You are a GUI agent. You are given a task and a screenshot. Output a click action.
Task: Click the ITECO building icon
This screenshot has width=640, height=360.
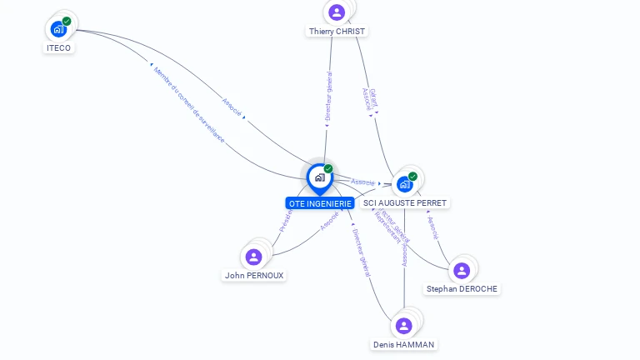pyautogui.click(x=58, y=29)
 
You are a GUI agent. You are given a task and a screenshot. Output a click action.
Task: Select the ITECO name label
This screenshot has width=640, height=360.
pyautogui.click(x=58, y=47)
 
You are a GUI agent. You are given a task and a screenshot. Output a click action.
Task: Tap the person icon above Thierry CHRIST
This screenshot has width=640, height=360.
pyautogui.click(x=337, y=12)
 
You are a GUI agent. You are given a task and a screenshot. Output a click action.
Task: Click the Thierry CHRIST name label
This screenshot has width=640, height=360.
pyautogui.click(x=337, y=31)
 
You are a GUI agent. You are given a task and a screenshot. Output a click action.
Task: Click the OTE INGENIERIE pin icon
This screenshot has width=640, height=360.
pyautogui.click(x=320, y=177)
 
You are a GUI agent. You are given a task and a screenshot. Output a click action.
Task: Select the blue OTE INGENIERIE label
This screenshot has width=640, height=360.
pyautogui.click(x=320, y=202)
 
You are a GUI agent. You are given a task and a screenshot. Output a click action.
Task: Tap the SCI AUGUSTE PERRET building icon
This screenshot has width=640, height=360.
pyautogui.click(x=405, y=184)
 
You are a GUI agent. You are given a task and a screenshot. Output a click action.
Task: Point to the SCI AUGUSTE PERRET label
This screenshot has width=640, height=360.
pyautogui.click(x=405, y=202)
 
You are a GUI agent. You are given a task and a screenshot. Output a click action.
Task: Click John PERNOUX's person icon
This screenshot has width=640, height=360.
pyautogui.click(x=254, y=257)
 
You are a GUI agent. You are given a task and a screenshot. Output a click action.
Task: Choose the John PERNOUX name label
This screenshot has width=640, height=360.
pyautogui.click(x=254, y=275)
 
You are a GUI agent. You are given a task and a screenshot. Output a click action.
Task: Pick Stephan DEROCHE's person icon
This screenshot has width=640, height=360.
pyautogui.click(x=462, y=270)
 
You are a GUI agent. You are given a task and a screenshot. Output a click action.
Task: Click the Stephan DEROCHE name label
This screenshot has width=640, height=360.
pyautogui.click(x=462, y=289)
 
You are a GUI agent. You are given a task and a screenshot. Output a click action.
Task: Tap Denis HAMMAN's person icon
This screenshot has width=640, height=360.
pyautogui.click(x=404, y=325)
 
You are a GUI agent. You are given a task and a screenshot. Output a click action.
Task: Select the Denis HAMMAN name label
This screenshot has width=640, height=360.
pyautogui.click(x=404, y=344)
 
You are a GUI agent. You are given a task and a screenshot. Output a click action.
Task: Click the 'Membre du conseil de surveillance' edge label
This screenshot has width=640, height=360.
pyautogui.click(x=188, y=104)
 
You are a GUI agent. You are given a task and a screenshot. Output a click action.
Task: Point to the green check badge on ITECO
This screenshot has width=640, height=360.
pyautogui.click(x=67, y=21)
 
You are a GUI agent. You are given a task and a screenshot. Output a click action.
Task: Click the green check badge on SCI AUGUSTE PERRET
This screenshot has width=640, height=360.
pyautogui.click(x=413, y=176)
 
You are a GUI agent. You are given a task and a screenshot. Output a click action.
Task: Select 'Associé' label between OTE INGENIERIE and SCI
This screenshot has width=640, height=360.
pyautogui.click(x=362, y=182)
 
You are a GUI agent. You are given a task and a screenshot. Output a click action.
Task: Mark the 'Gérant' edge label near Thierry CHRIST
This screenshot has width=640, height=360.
pyautogui.click(x=372, y=94)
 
